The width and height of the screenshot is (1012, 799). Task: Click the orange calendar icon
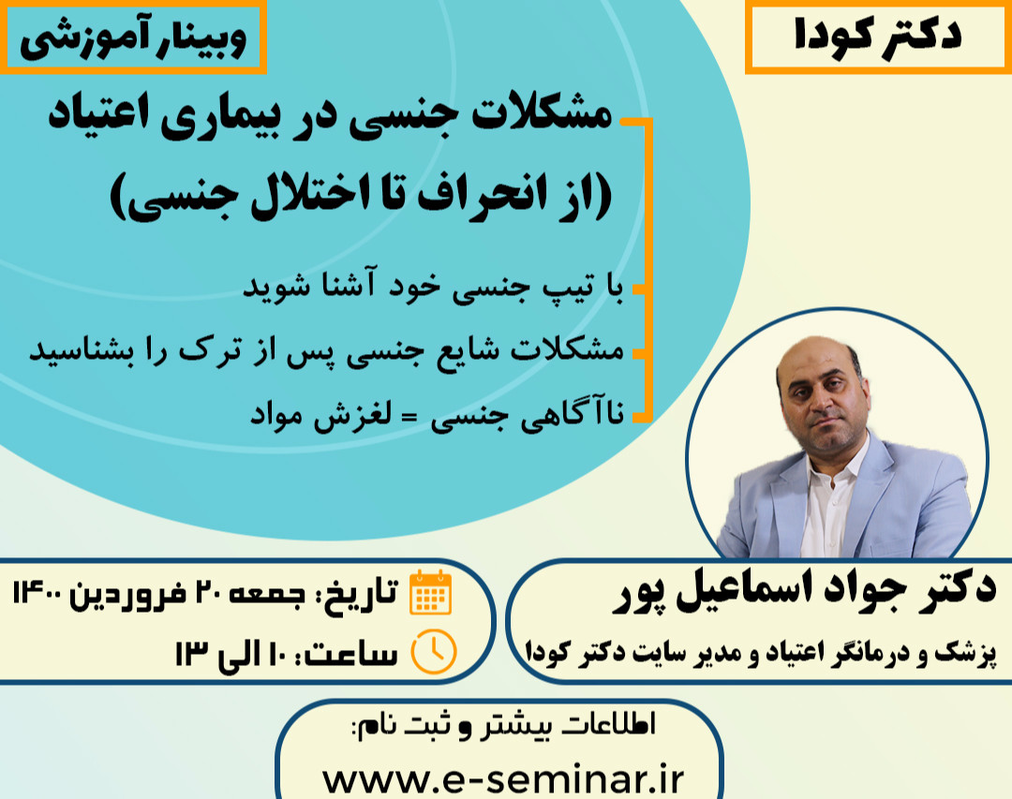click(431, 593)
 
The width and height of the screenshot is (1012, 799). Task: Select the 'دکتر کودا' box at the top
click(876, 37)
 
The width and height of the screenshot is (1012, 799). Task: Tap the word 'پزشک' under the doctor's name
click(964, 649)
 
